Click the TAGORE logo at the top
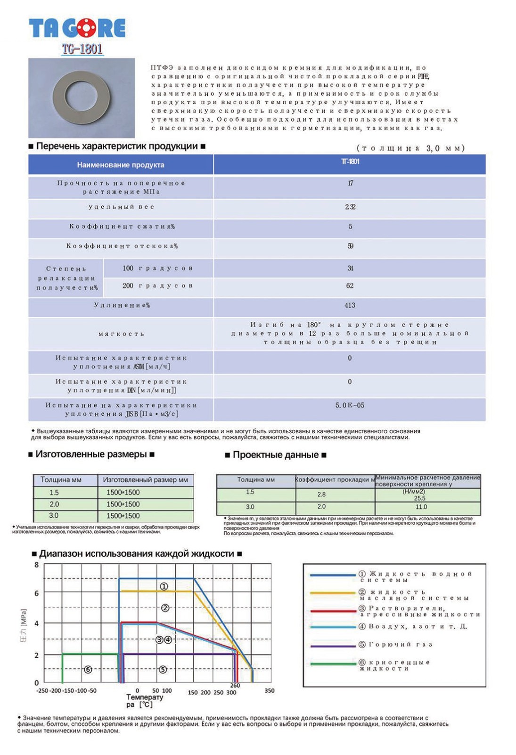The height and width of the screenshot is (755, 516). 77,28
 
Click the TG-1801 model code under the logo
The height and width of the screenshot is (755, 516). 82,49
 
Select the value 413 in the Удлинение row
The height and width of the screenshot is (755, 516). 350,305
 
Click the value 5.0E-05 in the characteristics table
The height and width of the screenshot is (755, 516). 350,405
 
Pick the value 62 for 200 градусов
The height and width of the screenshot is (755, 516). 350,285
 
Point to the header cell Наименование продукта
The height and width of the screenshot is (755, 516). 121,165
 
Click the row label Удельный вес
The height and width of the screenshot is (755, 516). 121,207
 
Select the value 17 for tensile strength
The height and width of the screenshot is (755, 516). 350,183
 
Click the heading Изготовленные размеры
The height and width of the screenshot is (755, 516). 91,454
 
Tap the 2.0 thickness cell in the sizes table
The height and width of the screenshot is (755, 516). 55,504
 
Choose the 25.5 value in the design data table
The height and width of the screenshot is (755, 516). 419,498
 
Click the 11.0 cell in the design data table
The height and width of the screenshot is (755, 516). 421,507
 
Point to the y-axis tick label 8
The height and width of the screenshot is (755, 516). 37,565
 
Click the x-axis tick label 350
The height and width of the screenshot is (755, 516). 269,690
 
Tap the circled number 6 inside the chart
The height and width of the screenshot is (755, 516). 88,670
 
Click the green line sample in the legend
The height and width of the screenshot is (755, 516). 333,664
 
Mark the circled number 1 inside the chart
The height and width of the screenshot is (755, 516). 164,586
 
